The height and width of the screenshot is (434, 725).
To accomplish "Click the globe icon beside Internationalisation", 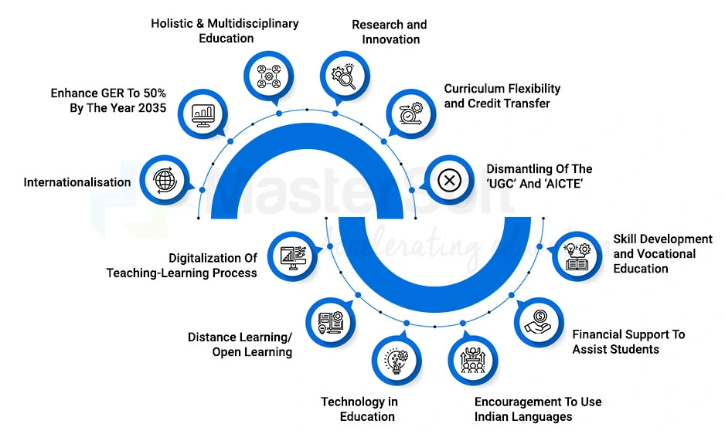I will pos(165,179).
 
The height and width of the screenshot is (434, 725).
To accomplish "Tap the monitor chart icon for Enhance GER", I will pos(204,114).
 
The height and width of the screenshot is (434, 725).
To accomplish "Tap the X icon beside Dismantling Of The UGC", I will pos(449,181).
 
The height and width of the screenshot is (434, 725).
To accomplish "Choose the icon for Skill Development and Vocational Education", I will pos(578,256).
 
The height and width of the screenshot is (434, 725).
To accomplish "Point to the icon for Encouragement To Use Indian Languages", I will pos(471,358).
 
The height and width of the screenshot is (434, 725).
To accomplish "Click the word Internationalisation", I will pos(77,182).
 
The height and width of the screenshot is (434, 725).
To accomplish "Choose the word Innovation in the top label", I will pos(390,39).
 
